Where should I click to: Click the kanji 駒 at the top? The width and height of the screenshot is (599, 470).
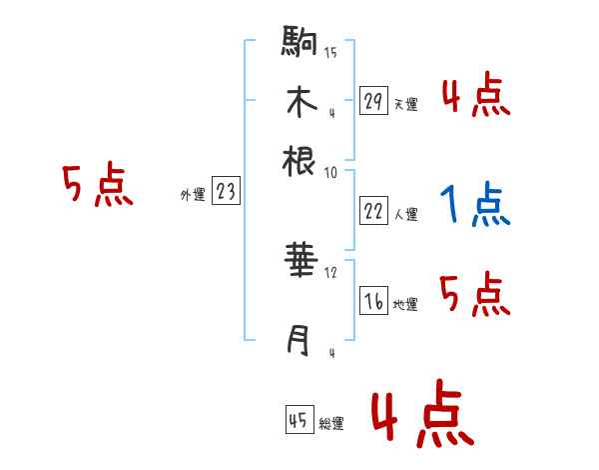299,42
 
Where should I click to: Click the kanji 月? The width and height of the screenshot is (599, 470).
299,340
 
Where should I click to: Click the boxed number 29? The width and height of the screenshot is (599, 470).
373,101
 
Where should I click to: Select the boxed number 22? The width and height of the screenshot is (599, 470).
373,210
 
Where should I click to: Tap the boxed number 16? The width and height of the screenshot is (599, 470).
373,302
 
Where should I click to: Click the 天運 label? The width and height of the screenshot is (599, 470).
405,104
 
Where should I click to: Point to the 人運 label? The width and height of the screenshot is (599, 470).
405,213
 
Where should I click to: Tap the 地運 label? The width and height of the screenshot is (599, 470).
405,305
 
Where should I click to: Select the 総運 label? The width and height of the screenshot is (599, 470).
331,424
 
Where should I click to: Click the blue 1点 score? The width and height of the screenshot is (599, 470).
474,205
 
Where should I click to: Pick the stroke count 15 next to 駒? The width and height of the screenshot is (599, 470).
330,53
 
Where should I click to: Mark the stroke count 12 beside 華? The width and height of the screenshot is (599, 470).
331,272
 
